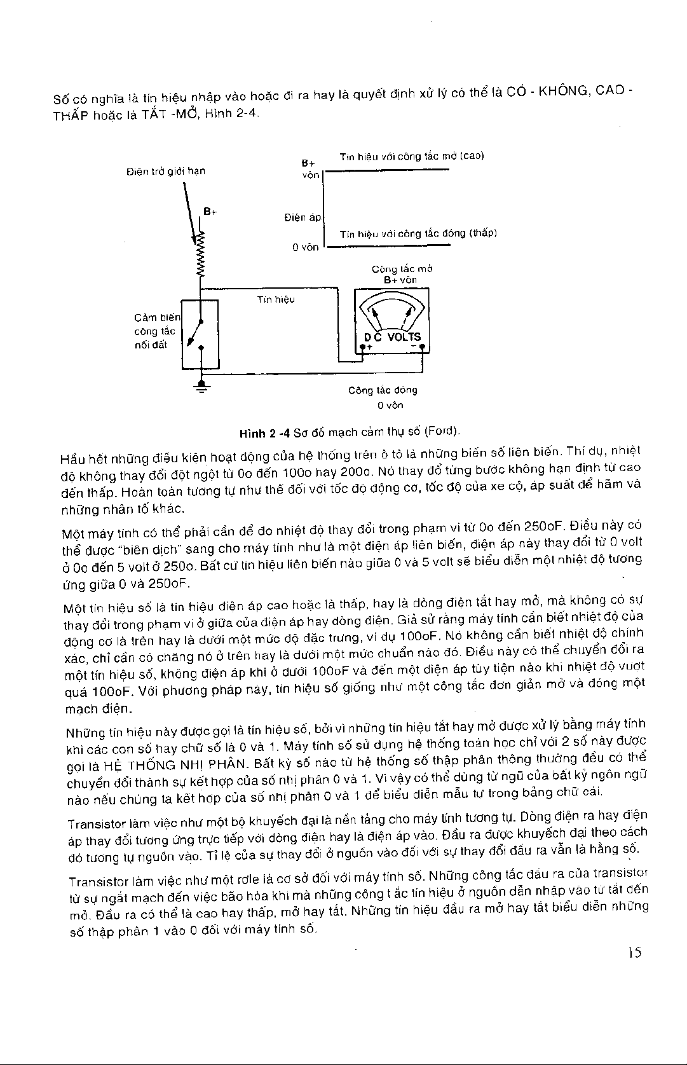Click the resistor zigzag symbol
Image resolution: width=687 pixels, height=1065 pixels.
coord(201,254)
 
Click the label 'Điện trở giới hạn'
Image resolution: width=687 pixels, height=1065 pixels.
coord(166,170)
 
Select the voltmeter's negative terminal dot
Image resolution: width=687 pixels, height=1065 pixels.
coord(422,347)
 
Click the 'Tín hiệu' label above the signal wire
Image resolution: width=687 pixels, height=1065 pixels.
coord(275,299)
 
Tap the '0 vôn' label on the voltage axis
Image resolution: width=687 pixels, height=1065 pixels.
coord(305,247)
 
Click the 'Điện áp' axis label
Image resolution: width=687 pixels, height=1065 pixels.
coord(303,217)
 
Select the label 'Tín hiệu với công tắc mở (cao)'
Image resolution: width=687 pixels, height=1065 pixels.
coord(412,156)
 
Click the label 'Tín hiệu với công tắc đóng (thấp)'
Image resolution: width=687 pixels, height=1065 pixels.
coord(418,233)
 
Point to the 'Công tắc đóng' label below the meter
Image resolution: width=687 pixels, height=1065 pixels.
coord(383,390)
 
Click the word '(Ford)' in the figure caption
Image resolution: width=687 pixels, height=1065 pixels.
coord(443,431)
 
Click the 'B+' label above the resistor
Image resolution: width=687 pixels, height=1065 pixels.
coord(210,211)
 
